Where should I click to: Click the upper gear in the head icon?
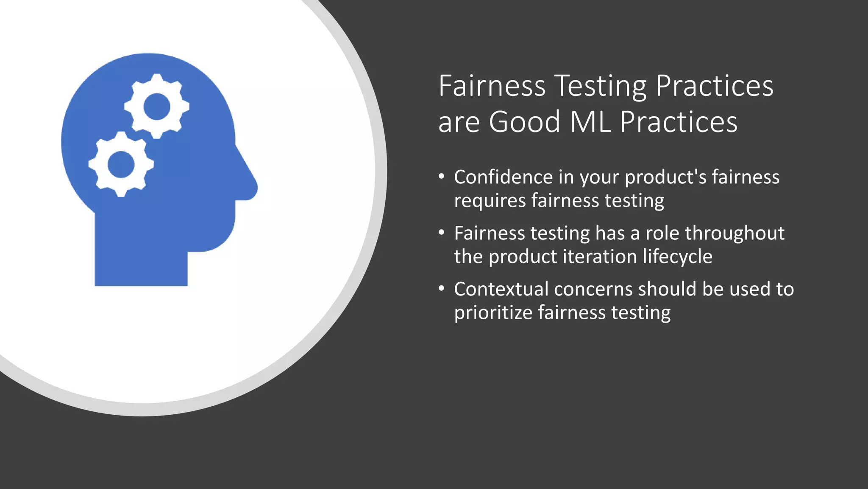(156, 106)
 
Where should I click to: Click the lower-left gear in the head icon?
(121, 164)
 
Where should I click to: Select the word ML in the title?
(590, 122)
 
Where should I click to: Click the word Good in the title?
(525, 122)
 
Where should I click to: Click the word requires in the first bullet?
(489, 201)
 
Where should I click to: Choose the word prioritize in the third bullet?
(493, 313)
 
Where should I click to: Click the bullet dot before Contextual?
(442, 289)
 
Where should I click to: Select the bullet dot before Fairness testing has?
(442, 232)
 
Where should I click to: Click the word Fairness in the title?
(492, 86)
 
